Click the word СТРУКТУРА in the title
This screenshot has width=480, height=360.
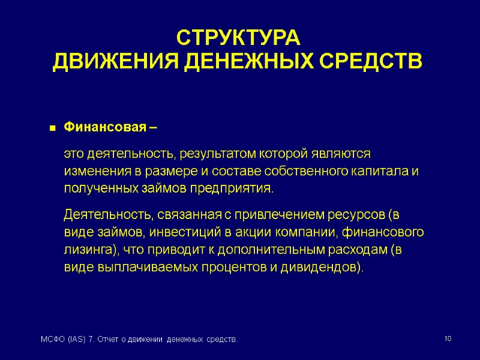(x=237, y=38)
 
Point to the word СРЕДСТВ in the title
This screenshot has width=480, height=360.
(x=379, y=61)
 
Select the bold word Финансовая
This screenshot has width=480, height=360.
(x=105, y=127)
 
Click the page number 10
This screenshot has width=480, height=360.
(x=447, y=340)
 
